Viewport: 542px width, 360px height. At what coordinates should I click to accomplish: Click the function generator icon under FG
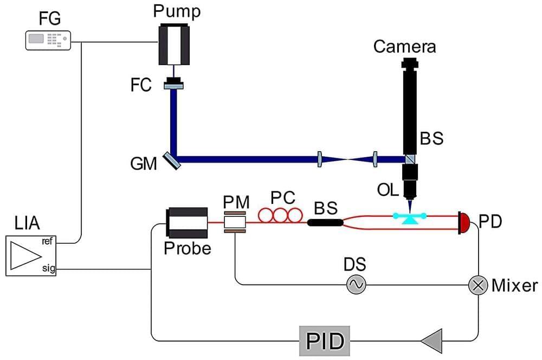click(x=48, y=40)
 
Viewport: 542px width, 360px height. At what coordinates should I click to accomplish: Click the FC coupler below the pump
click(x=173, y=84)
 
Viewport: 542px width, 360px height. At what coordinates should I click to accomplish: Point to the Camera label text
click(x=404, y=47)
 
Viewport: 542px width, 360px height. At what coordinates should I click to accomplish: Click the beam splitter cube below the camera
click(x=411, y=159)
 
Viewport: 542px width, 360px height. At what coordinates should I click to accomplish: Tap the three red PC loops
click(x=280, y=215)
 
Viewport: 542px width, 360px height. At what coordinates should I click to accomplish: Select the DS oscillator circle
click(x=356, y=284)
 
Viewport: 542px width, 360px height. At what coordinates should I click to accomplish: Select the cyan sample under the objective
click(x=410, y=217)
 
